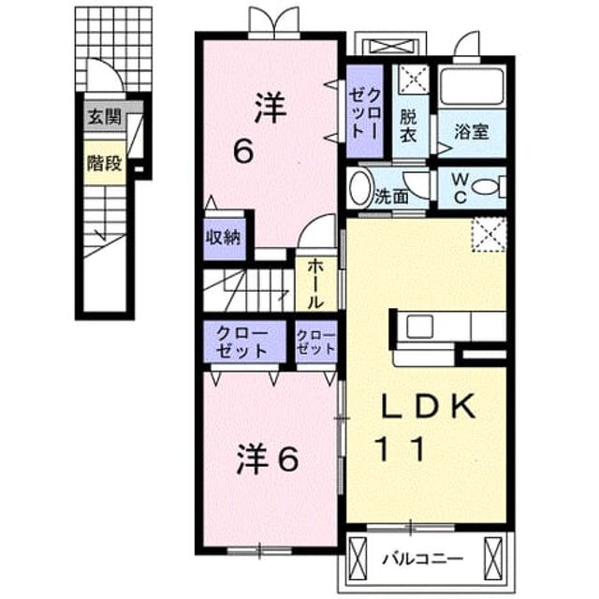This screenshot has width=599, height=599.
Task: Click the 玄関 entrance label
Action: [x=105, y=116]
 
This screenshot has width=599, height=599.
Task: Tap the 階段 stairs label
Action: [x=104, y=163]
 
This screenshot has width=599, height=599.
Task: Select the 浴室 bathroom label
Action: [x=472, y=131]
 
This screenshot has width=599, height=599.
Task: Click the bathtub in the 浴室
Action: [x=472, y=86]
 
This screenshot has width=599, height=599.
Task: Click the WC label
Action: [x=460, y=187]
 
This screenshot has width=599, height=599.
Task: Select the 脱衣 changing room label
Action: [x=408, y=126]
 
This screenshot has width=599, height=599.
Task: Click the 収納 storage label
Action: [x=224, y=238]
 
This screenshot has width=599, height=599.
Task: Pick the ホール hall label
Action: [x=315, y=284]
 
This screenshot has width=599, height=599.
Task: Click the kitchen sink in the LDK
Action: [x=419, y=327]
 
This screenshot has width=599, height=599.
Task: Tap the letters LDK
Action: [x=429, y=406]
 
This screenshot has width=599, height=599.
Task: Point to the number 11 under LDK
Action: [x=401, y=449]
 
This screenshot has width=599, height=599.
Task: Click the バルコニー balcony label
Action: [x=423, y=560]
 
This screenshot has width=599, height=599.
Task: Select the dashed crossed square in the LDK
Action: [x=489, y=235]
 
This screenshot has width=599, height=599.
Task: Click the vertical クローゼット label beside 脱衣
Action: [x=365, y=110]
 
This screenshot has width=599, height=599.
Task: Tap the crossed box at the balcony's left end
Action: [x=358, y=559]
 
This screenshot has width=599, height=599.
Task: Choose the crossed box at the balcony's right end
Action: [x=493, y=559]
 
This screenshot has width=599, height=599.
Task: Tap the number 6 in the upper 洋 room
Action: [x=243, y=151]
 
